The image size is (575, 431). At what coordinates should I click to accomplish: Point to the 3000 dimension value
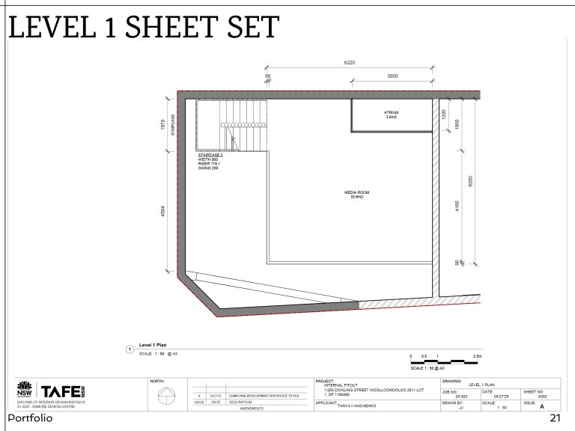[392, 76]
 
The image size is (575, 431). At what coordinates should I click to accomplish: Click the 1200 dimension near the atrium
[443, 114]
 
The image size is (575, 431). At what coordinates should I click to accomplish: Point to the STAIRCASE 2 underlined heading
[210, 155]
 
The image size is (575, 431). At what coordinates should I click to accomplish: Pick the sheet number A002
[542, 398]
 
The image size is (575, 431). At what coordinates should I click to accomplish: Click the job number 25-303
[461, 398]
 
